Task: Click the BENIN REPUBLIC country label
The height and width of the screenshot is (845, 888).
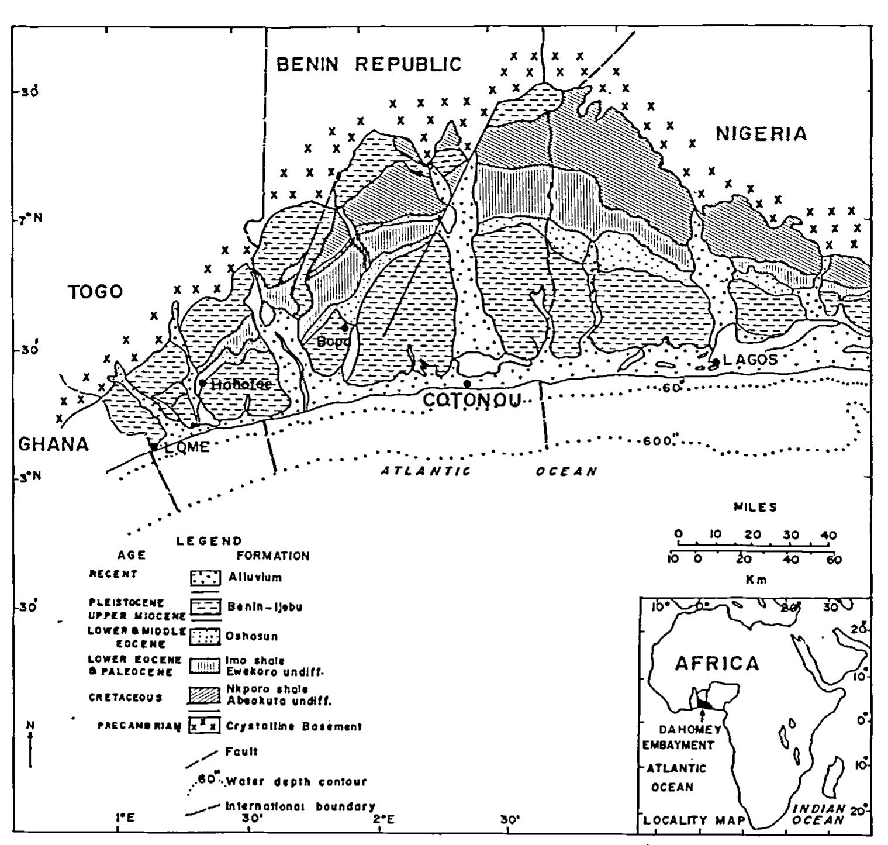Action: pyautogui.click(x=369, y=64)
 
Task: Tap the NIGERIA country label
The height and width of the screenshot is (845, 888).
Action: pyautogui.click(x=761, y=134)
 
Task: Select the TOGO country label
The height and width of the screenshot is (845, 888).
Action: pyautogui.click(x=96, y=291)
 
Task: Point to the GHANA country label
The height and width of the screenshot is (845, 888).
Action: pyautogui.click(x=54, y=444)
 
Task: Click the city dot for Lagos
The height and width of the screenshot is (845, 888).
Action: pyautogui.click(x=716, y=363)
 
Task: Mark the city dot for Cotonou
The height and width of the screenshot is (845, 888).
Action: pyautogui.click(x=467, y=384)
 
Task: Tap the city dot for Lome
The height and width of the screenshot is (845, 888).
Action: pyautogui.click(x=154, y=446)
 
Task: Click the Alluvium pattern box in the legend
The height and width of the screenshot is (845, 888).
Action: pyautogui.click(x=205, y=578)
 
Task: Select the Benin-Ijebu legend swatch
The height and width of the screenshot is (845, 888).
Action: pyautogui.click(x=205, y=607)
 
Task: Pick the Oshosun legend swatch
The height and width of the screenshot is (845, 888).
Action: pyautogui.click(x=205, y=637)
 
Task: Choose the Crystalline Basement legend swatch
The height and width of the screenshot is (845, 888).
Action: pyautogui.click(x=205, y=727)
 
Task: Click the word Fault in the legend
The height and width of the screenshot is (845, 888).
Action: pyautogui.click(x=241, y=751)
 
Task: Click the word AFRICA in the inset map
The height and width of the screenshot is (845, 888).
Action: pyautogui.click(x=717, y=664)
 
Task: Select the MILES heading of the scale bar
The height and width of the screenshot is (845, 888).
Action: pyautogui.click(x=755, y=507)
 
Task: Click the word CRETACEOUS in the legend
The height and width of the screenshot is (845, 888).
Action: pyautogui.click(x=125, y=698)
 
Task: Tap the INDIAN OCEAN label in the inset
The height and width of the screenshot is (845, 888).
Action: pyautogui.click(x=818, y=814)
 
